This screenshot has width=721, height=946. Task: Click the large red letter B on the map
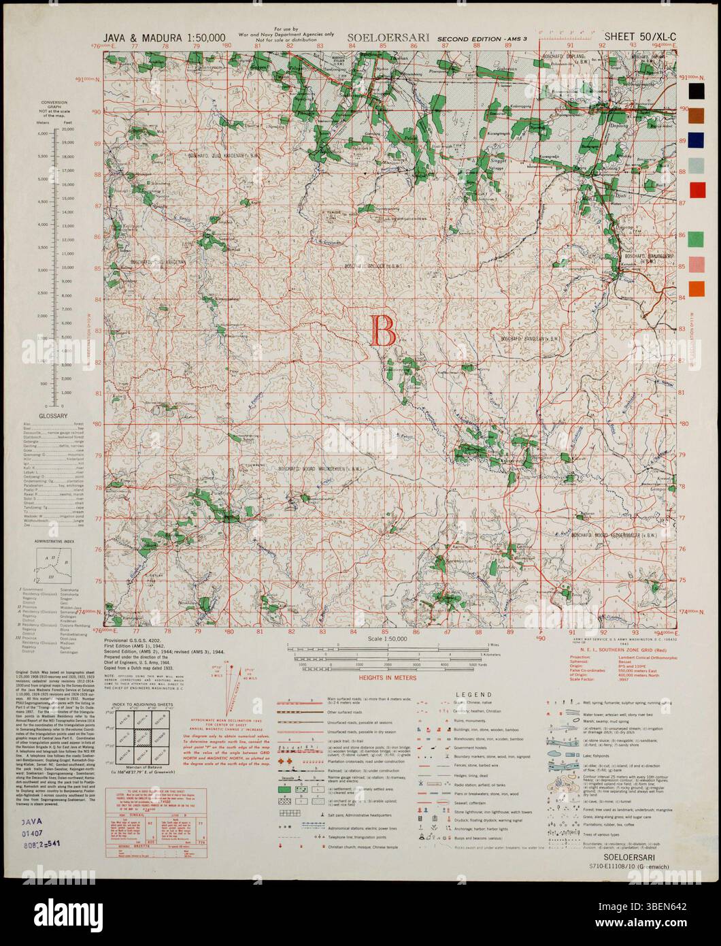point(382,332)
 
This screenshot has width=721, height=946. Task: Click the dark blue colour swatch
point(697,141)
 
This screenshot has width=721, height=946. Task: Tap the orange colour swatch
point(697,289)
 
